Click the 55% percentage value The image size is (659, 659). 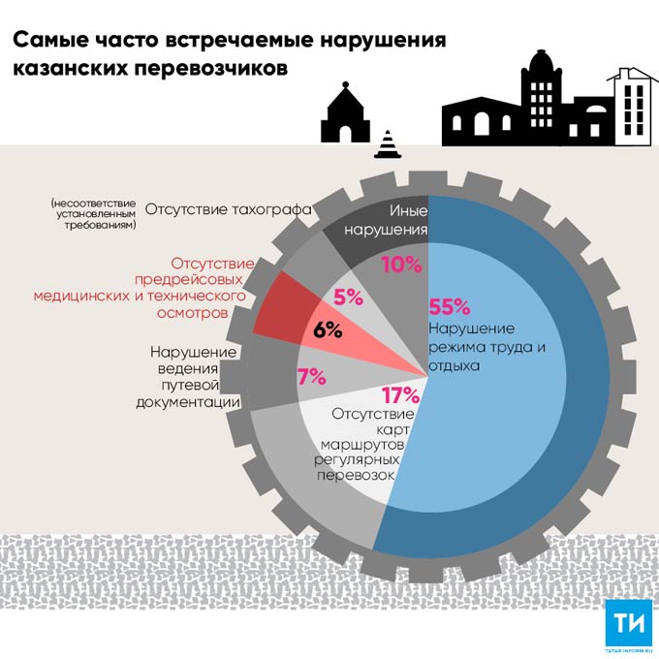point(449,308)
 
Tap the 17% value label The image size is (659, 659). point(399,395)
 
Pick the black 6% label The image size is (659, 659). point(328,329)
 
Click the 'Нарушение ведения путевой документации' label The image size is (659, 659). point(195,378)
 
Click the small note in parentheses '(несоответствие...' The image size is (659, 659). point(94,213)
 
